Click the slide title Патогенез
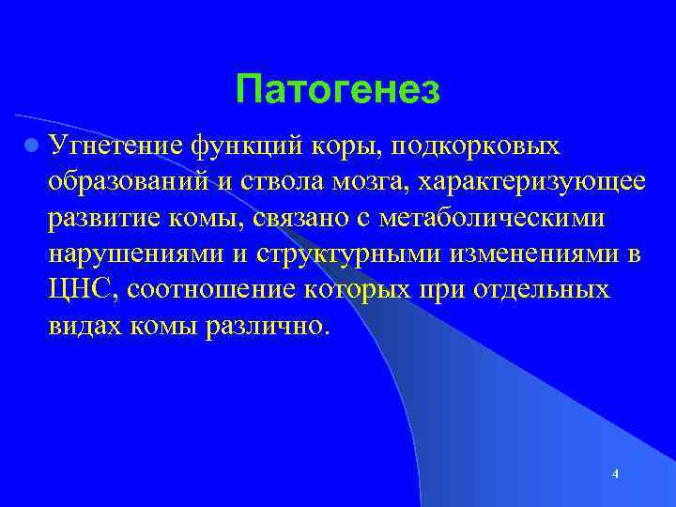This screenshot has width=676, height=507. coord(338,90)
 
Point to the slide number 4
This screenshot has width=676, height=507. coord(615,474)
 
